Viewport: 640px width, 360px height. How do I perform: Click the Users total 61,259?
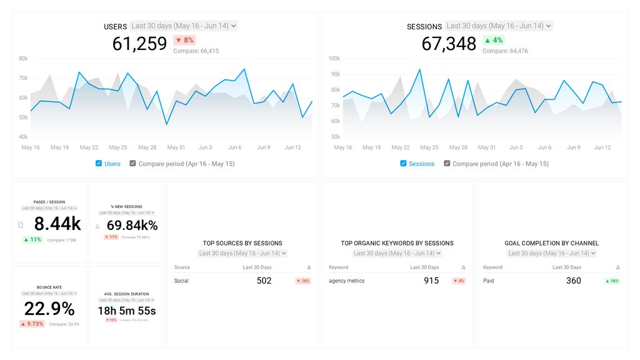click(x=139, y=44)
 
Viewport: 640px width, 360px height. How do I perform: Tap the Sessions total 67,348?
click(x=449, y=44)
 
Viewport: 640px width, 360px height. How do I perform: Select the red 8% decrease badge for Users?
click(x=184, y=40)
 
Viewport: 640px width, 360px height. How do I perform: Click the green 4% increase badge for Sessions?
click(x=493, y=40)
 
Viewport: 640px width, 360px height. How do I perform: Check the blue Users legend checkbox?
click(x=99, y=164)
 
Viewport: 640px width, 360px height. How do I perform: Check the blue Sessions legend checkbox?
click(x=404, y=164)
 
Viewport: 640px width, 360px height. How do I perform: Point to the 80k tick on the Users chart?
click(x=23, y=59)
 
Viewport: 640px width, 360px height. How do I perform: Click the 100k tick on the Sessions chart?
click(x=334, y=59)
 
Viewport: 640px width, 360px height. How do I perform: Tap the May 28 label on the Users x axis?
click(x=147, y=147)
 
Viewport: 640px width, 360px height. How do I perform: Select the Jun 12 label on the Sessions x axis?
click(x=602, y=147)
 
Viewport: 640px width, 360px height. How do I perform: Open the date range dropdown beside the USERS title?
click(x=184, y=26)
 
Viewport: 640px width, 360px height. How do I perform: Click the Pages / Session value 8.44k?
click(x=57, y=224)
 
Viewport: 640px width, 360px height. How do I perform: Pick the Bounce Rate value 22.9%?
click(x=49, y=309)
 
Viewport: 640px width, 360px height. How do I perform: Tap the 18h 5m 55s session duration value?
click(x=127, y=311)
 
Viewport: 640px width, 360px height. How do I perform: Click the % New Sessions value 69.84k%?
click(x=132, y=226)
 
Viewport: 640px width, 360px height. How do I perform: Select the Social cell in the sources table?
click(x=181, y=281)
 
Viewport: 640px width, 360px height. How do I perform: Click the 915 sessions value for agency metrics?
click(x=431, y=281)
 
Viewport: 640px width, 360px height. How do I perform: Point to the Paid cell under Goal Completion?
click(x=489, y=281)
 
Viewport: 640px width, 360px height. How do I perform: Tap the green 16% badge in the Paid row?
click(x=612, y=281)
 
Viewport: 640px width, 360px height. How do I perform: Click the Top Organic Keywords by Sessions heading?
click(x=397, y=243)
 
